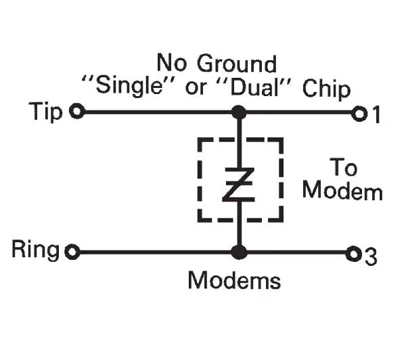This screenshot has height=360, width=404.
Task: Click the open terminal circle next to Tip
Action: pyautogui.click(x=76, y=111)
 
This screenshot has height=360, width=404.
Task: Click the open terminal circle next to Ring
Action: pyautogui.click(x=72, y=252)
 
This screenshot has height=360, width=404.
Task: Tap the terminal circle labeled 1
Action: pyautogui.click(x=359, y=114)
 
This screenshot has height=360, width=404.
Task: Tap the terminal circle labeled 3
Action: pyautogui.click(x=353, y=254)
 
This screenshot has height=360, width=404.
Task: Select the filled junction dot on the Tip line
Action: pyautogui.click(x=239, y=112)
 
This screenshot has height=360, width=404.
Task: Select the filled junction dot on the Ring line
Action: pyautogui.click(x=239, y=252)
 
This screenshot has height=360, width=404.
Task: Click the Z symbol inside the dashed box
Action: pyautogui.click(x=239, y=184)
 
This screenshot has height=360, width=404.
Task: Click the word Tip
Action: pyautogui.click(x=45, y=112)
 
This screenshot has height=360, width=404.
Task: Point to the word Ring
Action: pyautogui.click(x=35, y=249)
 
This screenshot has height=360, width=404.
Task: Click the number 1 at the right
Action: pyautogui.click(x=376, y=114)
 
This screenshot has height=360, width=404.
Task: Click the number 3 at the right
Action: pyautogui.click(x=372, y=256)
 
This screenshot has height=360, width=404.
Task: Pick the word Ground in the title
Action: pyautogui.click(x=237, y=64)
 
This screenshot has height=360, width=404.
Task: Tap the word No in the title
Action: pyautogui.click(x=172, y=62)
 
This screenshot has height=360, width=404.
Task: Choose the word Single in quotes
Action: pyautogui.click(x=130, y=85)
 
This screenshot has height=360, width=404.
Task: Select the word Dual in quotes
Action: pyautogui.click(x=255, y=87)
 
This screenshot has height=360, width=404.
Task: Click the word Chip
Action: pyautogui.click(x=326, y=89)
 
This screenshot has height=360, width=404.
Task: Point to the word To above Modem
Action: pyautogui.click(x=344, y=167)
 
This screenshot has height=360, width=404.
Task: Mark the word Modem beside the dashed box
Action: pyautogui.click(x=342, y=190)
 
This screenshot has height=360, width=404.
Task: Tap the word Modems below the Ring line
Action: pyautogui.click(x=234, y=280)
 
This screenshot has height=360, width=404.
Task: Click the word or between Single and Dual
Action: pyautogui.click(x=196, y=88)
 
